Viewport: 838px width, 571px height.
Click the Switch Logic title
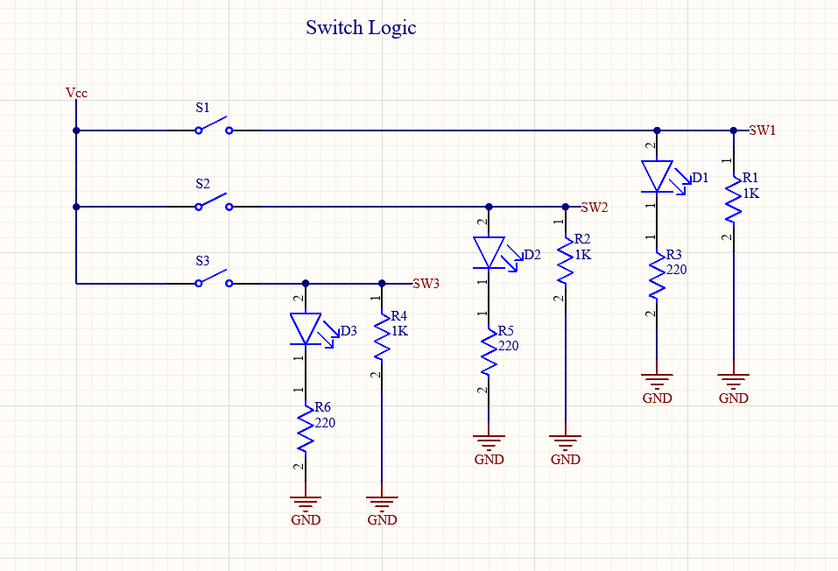(361, 27)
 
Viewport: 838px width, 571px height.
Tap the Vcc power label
(76, 93)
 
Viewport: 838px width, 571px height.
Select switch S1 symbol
(214, 125)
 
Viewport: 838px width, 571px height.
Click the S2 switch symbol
(214, 201)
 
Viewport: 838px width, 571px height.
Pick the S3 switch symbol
(214, 278)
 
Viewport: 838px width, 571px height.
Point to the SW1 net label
(762, 130)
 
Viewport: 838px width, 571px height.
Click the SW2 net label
(595, 208)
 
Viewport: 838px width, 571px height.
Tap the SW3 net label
(426, 284)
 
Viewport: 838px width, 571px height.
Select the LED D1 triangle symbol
(657, 176)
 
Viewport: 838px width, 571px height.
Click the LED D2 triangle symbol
(489, 253)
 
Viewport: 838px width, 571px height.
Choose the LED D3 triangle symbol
(305, 329)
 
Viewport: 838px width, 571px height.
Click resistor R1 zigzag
(733, 199)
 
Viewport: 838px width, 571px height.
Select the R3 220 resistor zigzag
(657, 275)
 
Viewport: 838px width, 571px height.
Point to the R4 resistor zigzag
(382, 337)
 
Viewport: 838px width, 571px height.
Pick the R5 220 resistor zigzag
(489, 352)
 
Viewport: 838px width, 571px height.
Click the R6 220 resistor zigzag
(305, 428)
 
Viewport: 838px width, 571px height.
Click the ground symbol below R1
(733, 382)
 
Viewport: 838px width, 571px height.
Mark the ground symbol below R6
(305, 504)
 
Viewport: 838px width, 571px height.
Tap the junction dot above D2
(489, 207)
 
